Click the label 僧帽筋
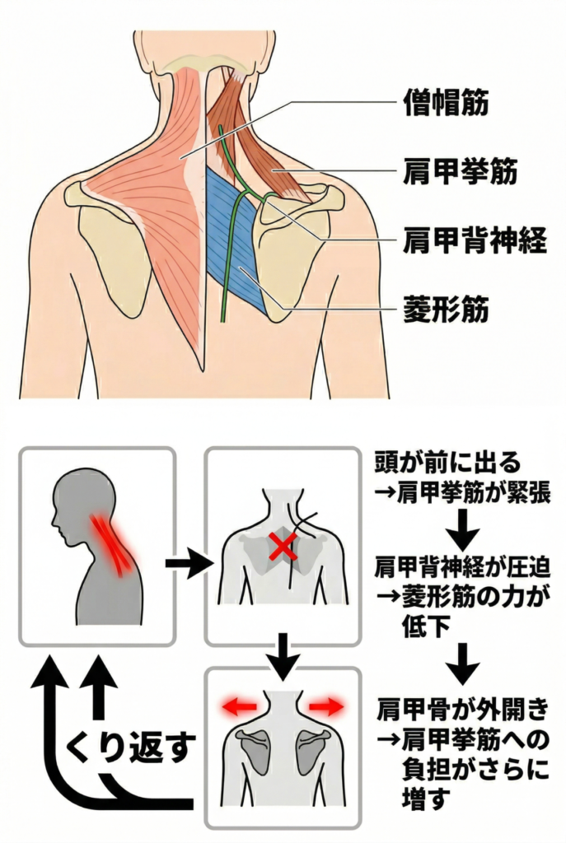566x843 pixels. click(x=445, y=103)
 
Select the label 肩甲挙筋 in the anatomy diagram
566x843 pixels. click(x=461, y=174)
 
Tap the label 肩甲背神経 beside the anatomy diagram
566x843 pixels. click(x=475, y=244)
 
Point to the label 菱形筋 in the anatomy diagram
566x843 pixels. click(x=445, y=310)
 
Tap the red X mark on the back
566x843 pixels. click(x=283, y=546)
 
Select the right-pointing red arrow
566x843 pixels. click(x=326, y=706)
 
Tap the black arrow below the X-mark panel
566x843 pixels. click(x=283, y=657)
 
